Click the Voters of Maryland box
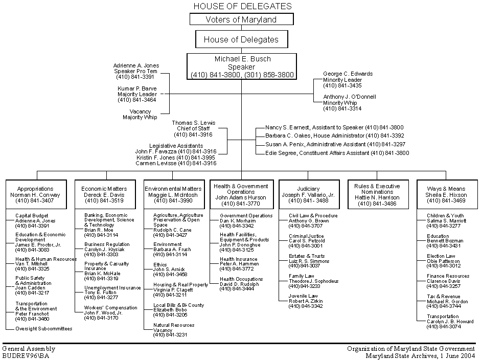[x=241, y=19]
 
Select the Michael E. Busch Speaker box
[x=242, y=66]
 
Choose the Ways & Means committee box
[x=446, y=195]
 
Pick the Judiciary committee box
[x=308, y=195]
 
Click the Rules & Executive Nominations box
[x=377, y=195]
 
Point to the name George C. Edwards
[x=348, y=74]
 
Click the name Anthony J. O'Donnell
[x=350, y=97]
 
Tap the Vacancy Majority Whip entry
[x=140, y=114]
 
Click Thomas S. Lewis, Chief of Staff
[x=194, y=128]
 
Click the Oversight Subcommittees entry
[x=43, y=329]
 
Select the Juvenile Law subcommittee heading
[x=303, y=296]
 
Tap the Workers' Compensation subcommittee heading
[x=111, y=308]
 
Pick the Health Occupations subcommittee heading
[x=241, y=279]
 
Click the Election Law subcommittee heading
[x=441, y=256]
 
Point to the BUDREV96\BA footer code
[x=26, y=355]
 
